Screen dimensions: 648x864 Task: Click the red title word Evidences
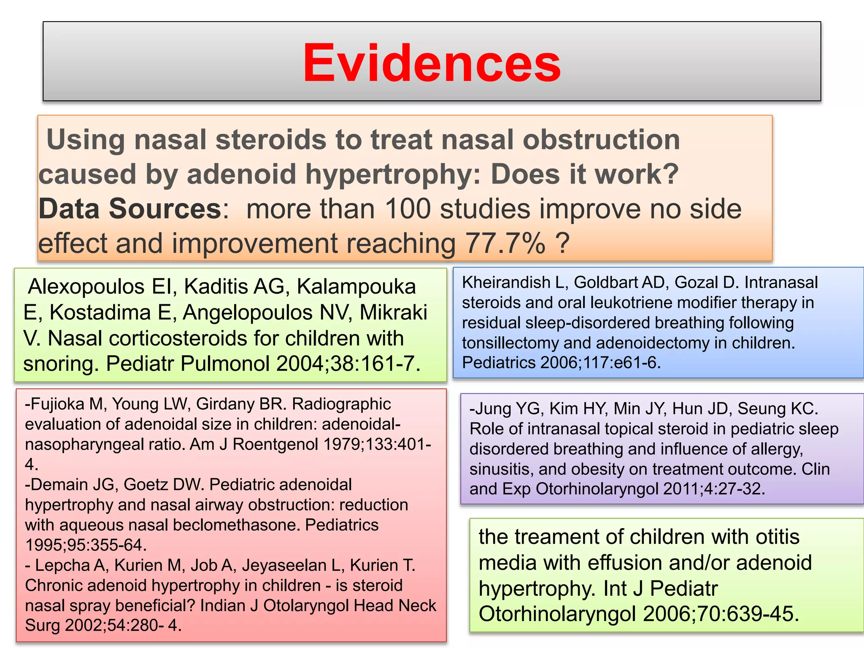432,63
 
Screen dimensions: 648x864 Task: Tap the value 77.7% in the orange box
505,243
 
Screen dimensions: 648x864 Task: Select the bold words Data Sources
130,209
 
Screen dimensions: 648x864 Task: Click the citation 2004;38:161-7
348,364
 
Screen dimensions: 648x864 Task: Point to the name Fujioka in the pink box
58,404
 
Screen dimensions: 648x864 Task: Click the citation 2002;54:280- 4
123,625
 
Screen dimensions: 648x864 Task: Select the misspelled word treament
556,537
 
